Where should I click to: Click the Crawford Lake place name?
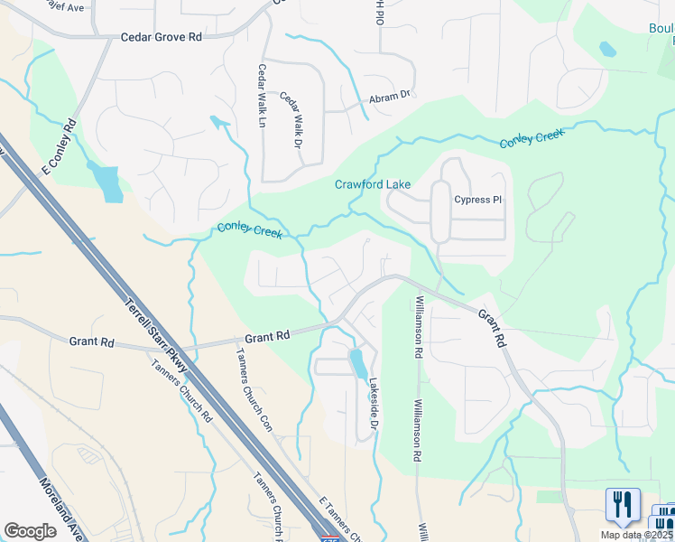point(373,184)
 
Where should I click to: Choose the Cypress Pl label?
point(478,200)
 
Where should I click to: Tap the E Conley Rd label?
point(55,147)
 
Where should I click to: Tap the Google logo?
point(30,530)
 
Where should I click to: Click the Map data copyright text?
point(637,535)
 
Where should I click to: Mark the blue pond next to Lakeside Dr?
point(358,363)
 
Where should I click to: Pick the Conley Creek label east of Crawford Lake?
point(532,138)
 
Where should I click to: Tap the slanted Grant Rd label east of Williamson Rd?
point(491,329)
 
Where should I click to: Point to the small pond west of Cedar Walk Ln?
point(219,122)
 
